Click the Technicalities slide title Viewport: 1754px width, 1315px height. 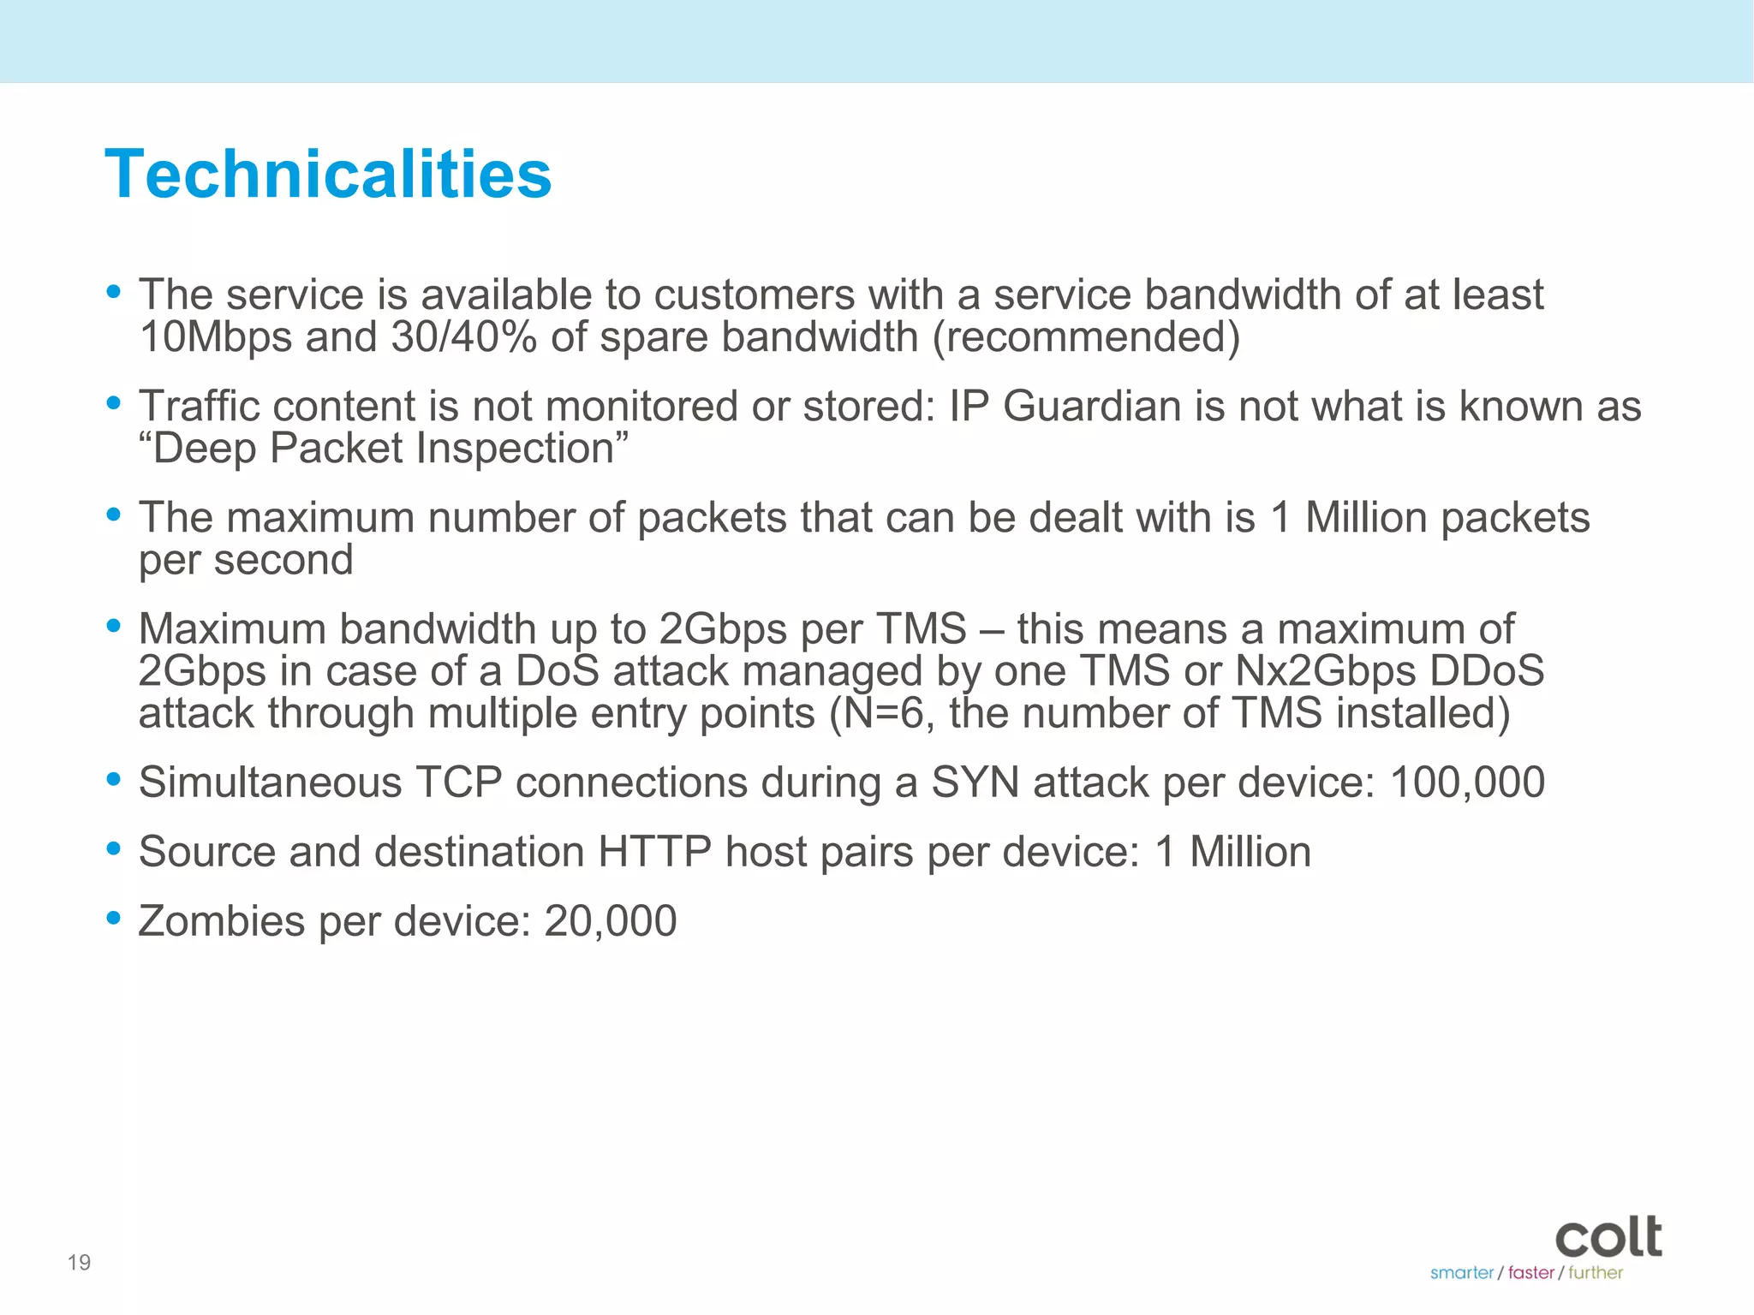(x=328, y=175)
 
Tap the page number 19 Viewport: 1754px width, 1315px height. (x=79, y=1262)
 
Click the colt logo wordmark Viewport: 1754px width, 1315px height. (x=1608, y=1237)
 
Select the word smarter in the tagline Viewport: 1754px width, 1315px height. (x=1461, y=1273)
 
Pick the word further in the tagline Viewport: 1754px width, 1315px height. (x=1596, y=1273)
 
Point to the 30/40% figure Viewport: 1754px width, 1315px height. (x=463, y=336)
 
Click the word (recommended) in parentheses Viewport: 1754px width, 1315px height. (x=1086, y=336)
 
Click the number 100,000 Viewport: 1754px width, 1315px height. (x=1467, y=782)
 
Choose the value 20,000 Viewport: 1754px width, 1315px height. (x=611, y=921)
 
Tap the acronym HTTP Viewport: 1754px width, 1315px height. (x=654, y=852)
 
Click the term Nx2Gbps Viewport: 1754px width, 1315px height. (x=1325, y=670)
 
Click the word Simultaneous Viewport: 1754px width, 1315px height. (x=270, y=782)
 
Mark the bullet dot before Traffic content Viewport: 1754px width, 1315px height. (x=113, y=402)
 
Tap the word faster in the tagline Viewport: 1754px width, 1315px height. (x=1531, y=1273)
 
